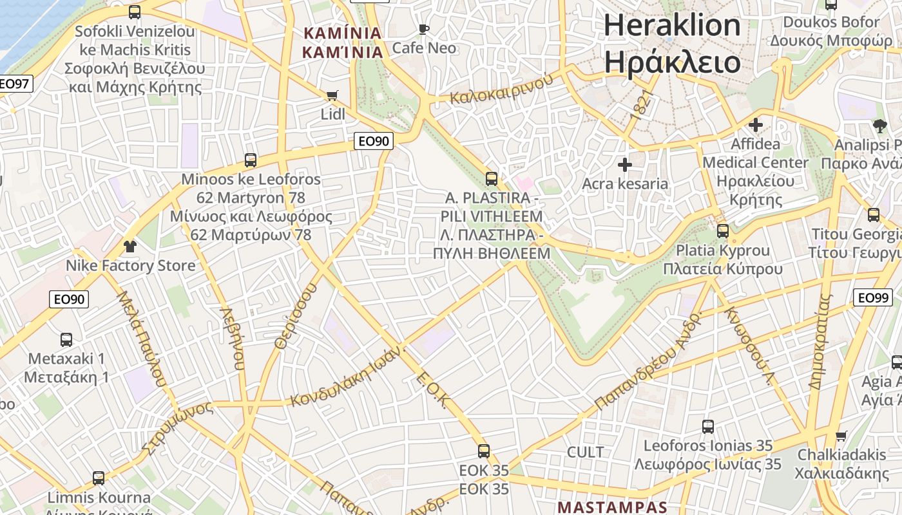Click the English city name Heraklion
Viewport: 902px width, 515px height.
click(672, 25)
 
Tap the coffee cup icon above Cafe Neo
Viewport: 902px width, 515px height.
click(423, 29)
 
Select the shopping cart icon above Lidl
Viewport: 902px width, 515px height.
click(332, 96)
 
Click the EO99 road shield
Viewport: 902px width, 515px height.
click(873, 297)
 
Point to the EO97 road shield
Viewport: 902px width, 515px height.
click(14, 84)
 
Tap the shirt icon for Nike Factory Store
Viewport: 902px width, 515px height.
click(130, 247)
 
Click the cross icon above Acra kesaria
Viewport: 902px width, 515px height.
click(624, 165)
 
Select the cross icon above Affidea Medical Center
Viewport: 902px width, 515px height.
click(756, 125)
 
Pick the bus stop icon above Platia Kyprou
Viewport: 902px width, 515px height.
click(723, 231)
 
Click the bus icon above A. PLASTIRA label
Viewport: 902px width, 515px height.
click(492, 178)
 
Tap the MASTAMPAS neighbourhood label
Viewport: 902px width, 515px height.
click(612, 507)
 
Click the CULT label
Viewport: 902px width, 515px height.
click(585, 452)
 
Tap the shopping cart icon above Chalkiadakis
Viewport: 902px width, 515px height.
click(841, 436)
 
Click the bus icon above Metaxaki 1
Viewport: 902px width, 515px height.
click(66, 339)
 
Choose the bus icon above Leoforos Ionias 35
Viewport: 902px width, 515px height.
click(707, 426)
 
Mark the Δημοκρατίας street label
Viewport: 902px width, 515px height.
click(821, 341)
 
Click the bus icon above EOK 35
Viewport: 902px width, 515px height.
click(484, 451)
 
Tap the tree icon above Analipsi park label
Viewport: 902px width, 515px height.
click(879, 126)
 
